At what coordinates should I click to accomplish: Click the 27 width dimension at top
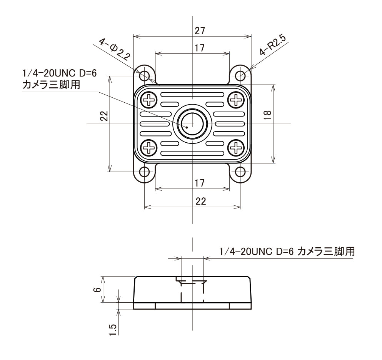coord(200,31)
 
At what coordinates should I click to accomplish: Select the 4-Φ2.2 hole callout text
coord(115,49)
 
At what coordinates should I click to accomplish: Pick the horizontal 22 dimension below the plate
coord(200,201)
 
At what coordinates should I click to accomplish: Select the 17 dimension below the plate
coord(199,183)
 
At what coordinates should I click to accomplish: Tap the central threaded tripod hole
coord(192,124)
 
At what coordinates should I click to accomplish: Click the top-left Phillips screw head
coord(148,100)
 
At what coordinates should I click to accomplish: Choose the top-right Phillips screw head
coord(235,100)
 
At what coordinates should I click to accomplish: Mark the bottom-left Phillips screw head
coord(148,147)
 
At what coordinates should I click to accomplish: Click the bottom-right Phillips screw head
coord(235,147)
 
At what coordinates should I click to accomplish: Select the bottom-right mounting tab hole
coord(240,172)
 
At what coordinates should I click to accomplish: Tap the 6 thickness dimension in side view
coord(98,289)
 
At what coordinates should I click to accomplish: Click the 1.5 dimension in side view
coord(113,330)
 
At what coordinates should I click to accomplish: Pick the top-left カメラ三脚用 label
coord(52,85)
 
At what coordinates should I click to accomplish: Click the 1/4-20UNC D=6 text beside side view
coord(257,252)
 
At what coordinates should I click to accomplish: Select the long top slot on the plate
coord(192,95)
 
